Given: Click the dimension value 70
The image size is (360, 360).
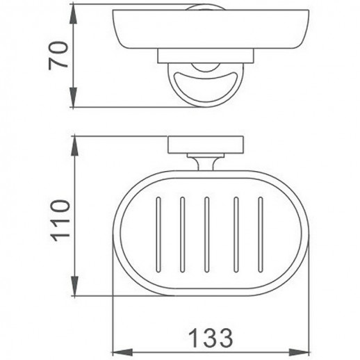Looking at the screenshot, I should coord(58,56).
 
